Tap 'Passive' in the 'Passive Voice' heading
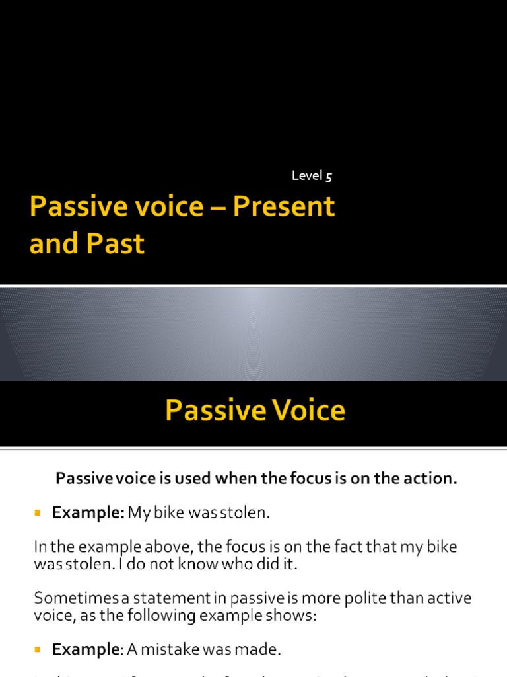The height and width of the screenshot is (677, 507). (x=209, y=411)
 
